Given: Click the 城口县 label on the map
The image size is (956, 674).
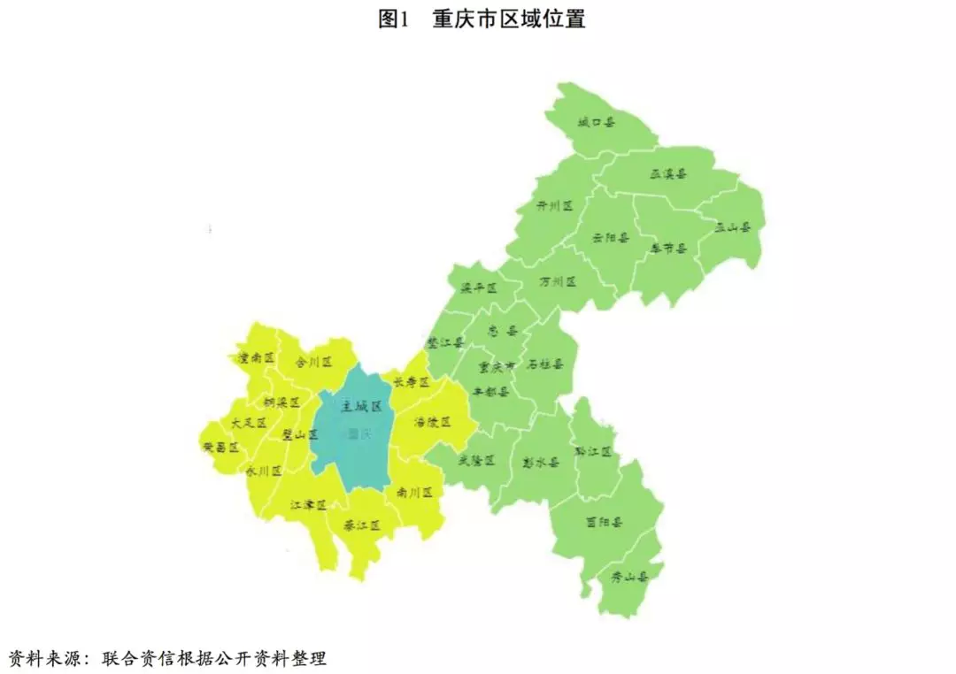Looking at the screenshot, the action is pos(597,122).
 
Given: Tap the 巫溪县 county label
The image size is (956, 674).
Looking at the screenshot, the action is pos(669,174).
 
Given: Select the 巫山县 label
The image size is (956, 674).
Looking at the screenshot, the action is pos(732,226).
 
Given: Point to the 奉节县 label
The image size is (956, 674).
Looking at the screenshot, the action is pos(668,248).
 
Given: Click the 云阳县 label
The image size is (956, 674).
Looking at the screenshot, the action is pos(610,237).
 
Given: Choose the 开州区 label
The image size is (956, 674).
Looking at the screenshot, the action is pos(555,205).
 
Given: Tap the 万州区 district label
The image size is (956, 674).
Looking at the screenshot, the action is pos(558,281).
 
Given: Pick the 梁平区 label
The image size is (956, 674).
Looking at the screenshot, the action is pos(478,288).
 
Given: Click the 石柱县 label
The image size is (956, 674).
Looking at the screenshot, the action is pos(545,364).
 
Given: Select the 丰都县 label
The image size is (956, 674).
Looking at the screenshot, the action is pos(490,391).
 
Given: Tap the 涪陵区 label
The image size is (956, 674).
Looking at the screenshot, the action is pos(433,422).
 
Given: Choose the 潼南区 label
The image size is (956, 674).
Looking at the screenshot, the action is pos(257,358).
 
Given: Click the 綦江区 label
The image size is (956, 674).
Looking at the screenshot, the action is pos(363,525).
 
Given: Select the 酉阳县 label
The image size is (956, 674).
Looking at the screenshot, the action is pos(605,522).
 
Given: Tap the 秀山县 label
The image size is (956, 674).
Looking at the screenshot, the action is pos(630,577).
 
